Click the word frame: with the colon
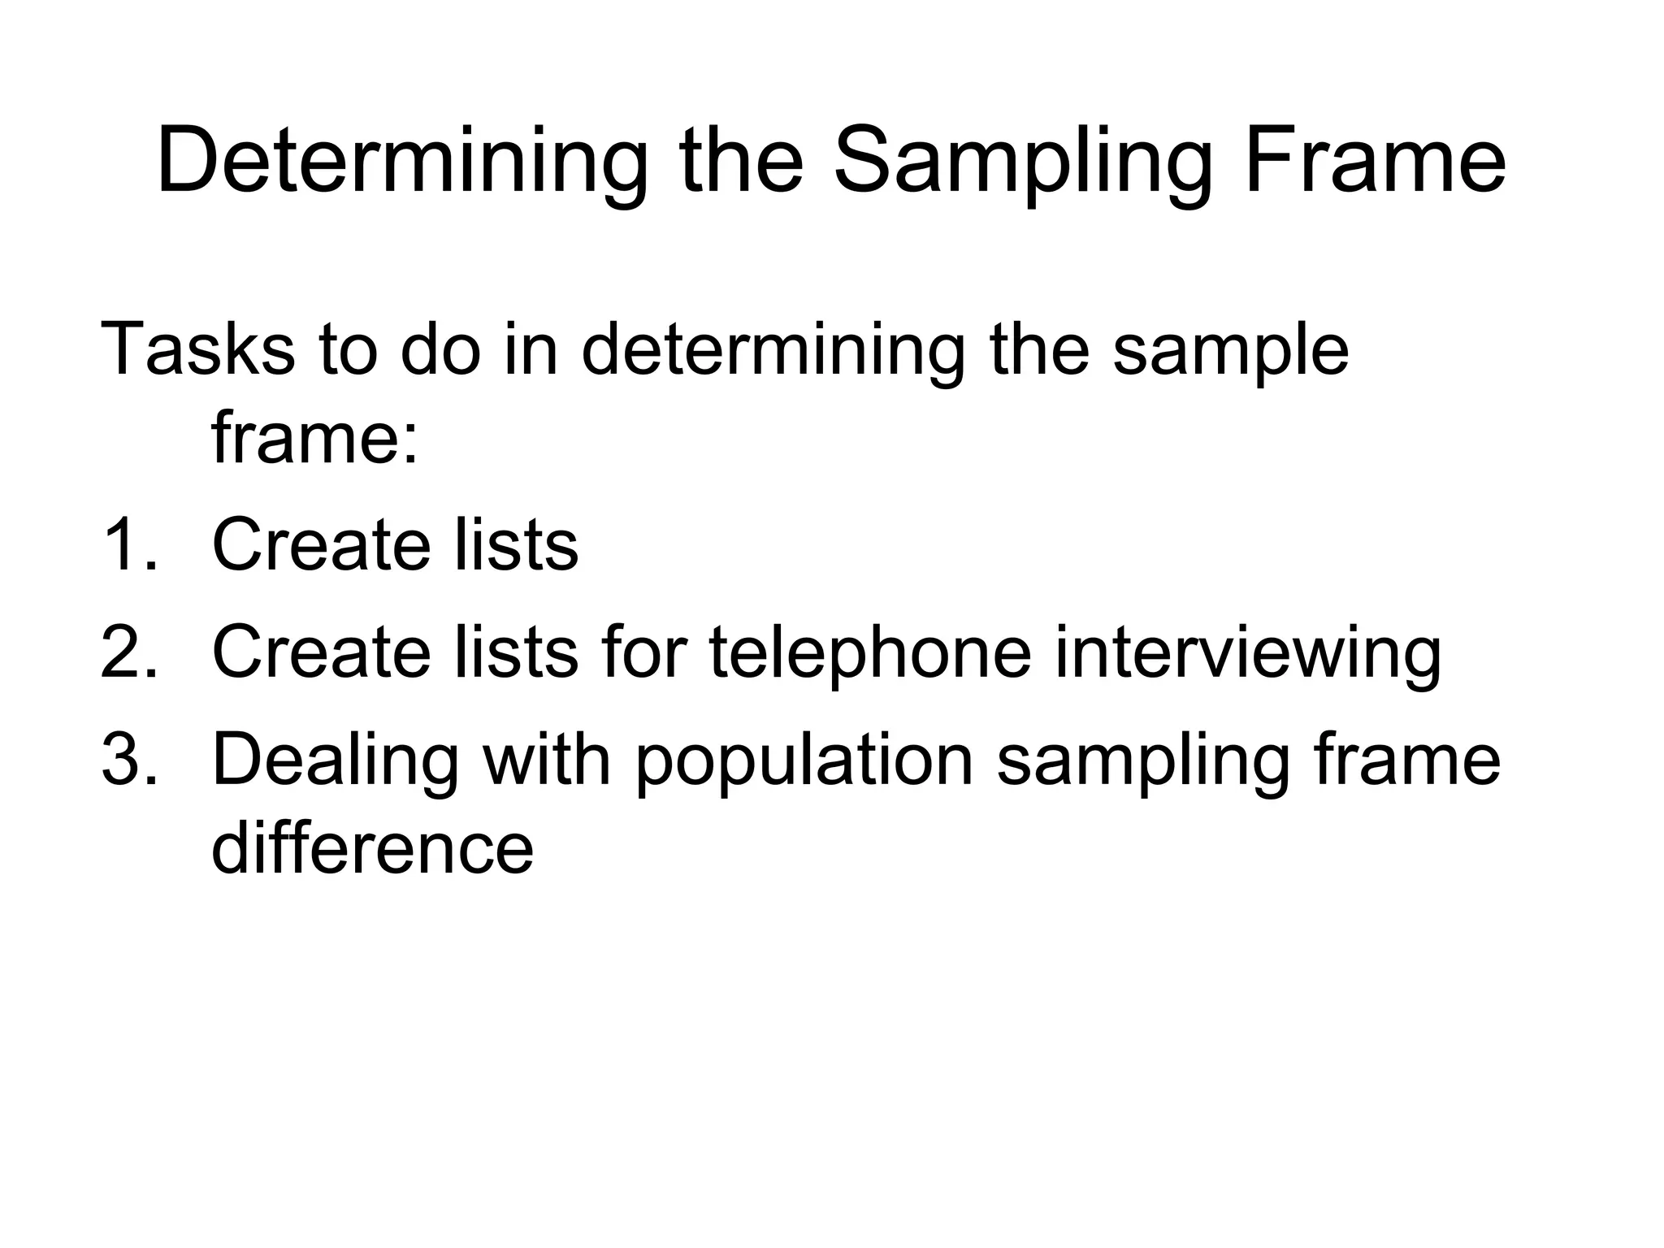coord(315,439)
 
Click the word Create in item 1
coord(321,544)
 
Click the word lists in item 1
coord(516,544)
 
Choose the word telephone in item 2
coord(870,654)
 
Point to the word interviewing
coord(1247,654)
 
